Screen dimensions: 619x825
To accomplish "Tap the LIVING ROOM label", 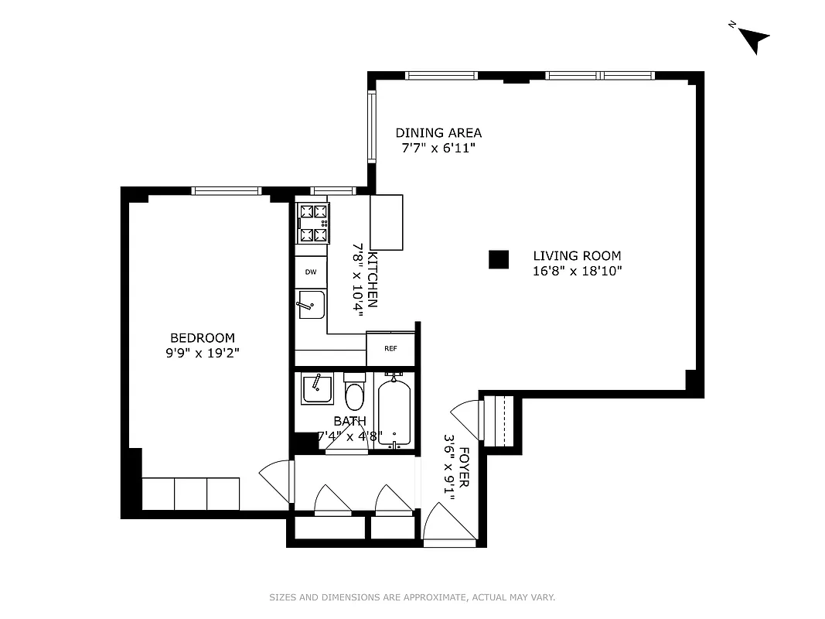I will coord(577,256).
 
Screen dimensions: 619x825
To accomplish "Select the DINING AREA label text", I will coord(438,133).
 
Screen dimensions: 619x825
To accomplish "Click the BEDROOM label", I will coord(203,338).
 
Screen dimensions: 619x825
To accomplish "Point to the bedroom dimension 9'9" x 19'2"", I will coord(203,352).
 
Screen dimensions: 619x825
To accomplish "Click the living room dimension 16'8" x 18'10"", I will coord(577,271).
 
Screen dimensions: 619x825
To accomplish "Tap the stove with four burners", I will coord(313,223).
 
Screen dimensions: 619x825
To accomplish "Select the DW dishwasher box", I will coord(311,272).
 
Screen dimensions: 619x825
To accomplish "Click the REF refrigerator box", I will coord(390,349).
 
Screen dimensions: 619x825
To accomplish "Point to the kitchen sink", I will coord(311,305).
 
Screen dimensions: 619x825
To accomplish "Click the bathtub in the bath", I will coord(395,410).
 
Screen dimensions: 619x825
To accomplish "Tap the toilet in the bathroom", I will coord(355,394).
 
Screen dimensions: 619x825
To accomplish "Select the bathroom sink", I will coord(317,388).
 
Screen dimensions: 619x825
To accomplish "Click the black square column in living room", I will coord(499,260).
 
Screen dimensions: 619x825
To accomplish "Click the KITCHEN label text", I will coord(373,279).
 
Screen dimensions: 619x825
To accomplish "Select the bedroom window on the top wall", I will coord(227,190).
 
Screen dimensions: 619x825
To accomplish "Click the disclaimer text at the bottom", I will coord(412,597).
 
